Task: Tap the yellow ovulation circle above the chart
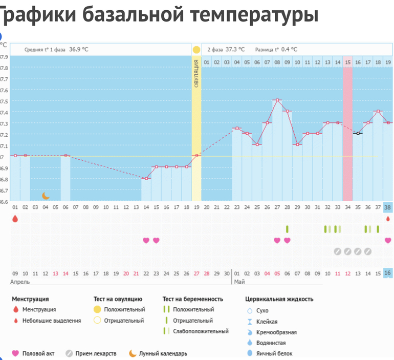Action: pyautogui.click(x=196, y=50)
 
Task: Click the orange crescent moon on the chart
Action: pyautogui.click(x=46, y=195)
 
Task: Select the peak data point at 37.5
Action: pyautogui.click(x=277, y=100)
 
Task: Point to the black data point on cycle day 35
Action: pyautogui.click(x=357, y=133)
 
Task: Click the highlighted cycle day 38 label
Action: pyautogui.click(x=387, y=207)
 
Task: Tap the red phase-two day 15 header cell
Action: pyautogui.click(x=347, y=62)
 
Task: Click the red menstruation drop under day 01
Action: pyautogui.click(x=15, y=219)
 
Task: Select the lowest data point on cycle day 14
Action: pyautogui.click(x=146, y=178)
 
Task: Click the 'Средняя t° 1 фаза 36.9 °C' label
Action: pyautogui.click(x=56, y=50)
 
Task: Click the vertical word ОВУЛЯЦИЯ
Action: pyautogui.click(x=196, y=75)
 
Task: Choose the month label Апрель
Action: pyautogui.click(x=20, y=282)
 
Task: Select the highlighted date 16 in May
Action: pyautogui.click(x=387, y=273)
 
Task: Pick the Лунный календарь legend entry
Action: pyautogui.click(x=163, y=353)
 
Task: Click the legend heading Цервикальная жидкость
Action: pyautogui.click(x=279, y=299)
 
